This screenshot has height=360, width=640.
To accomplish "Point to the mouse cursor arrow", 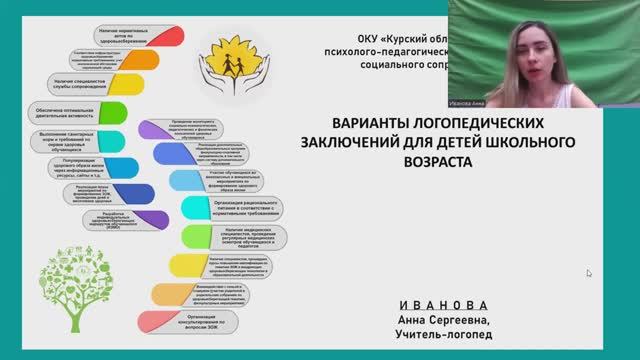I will [x=589, y=273].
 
